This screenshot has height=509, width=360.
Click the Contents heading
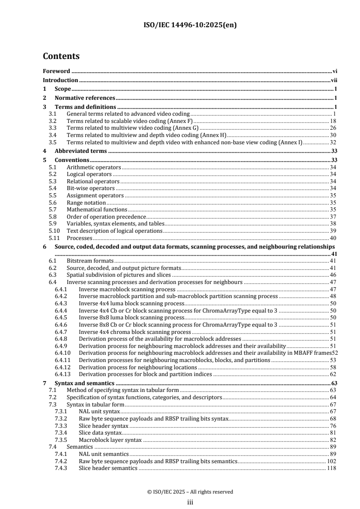pyautogui.click(x=61, y=57)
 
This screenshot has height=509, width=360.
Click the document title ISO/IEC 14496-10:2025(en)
pyautogui.click(x=180, y=25)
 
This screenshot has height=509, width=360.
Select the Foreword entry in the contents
pyautogui.click(x=56, y=71)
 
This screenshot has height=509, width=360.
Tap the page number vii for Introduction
pyautogui.click(x=333, y=80)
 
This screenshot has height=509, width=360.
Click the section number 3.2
pyautogui.click(x=52, y=121)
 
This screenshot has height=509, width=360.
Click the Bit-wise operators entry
pyautogui.click(x=90, y=188)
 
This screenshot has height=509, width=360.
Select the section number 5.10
pyautogui.click(x=54, y=231)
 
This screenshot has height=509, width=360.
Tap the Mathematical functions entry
pyautogui.click(x=97, y=210)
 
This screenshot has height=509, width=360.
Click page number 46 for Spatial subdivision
pyautogui.click(x=333, y=275)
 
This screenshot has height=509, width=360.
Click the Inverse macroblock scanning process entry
pyautogui.click(x=127, y=289)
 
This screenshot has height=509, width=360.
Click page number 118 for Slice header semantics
pyautogui.click(x=331, y=468)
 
